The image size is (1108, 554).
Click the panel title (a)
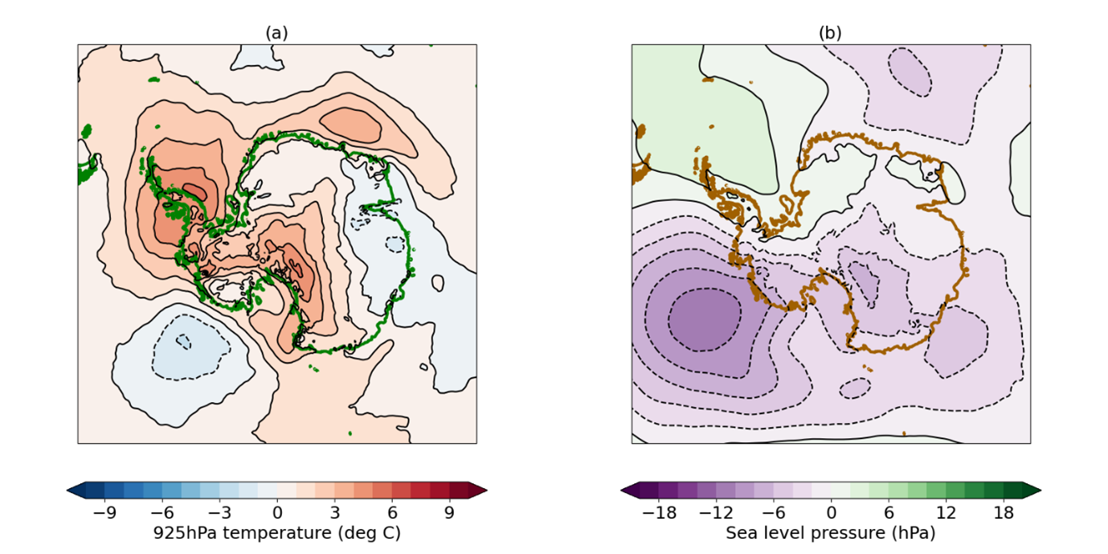tap(276, 33)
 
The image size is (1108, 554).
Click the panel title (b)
tap(830, 33)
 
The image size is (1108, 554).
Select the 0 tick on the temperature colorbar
tap(277, 511)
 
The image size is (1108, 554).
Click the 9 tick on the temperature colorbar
tap(448, 511)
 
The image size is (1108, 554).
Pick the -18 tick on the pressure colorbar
tap(658, 511)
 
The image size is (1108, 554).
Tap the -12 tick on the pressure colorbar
tap(716, 511)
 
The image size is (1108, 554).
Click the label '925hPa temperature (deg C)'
tap(276, 532)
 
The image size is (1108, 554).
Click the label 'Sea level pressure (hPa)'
tap(831, 532)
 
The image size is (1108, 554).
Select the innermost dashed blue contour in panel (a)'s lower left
tap(184, 341)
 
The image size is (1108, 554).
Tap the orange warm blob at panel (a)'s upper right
tap(350, 123)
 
